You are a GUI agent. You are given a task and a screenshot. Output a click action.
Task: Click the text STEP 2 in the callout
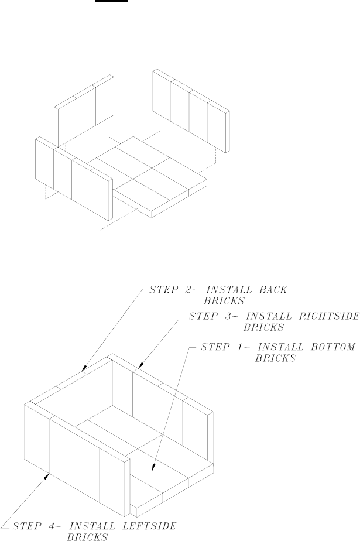pyautogui.click(x=165, y=289)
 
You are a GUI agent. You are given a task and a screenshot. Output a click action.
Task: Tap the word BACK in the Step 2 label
pyautogui.click(x=273, y=289)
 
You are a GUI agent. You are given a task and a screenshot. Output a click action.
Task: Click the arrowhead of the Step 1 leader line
pyautogui.click(x=153, y=468)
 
